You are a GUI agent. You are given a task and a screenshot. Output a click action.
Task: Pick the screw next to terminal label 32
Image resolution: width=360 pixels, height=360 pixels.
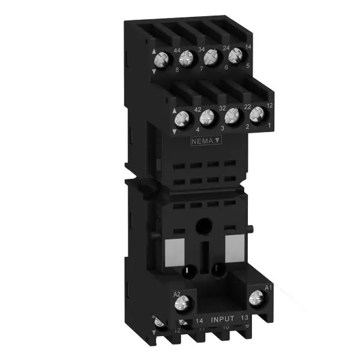pyautogui.click(x=207, y=116)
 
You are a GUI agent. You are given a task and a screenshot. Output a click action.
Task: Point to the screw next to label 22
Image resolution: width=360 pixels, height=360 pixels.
pyautogui.click(x=232, y=114)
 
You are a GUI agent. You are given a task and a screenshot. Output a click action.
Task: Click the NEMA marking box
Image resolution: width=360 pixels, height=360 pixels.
pyautogui.click(x=204, y=142)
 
